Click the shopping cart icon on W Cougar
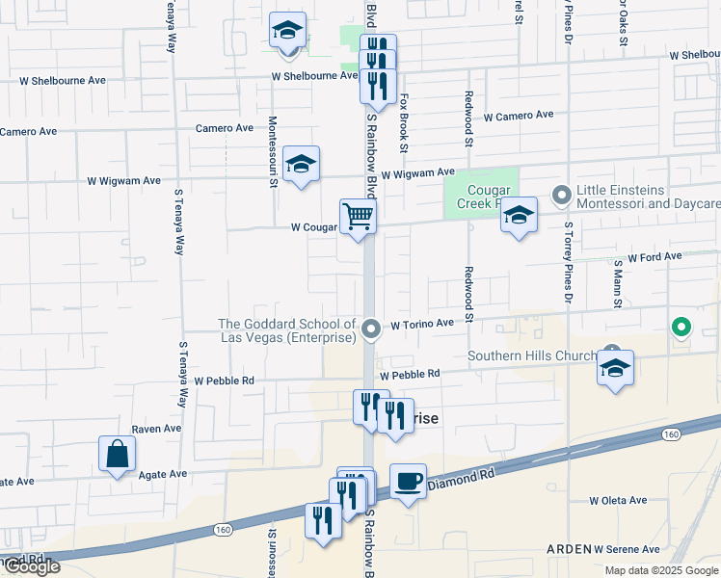tap(358, 216)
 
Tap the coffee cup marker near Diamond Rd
tap(408, 480)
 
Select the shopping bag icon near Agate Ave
tap(117, 454)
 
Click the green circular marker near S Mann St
tap(681, 328)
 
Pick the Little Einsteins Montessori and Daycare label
tap(648, 197)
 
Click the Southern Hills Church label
tap(532, 355)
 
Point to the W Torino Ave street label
tap(420, 326)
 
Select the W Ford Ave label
tap(654, 257)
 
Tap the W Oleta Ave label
tap(618, 500)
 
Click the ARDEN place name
tap(569, 548)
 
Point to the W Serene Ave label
tap(627, 548)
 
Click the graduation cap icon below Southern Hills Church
tap(615, 368)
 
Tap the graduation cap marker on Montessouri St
tap(301, 164)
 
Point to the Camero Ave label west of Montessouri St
tap(224, 127)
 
